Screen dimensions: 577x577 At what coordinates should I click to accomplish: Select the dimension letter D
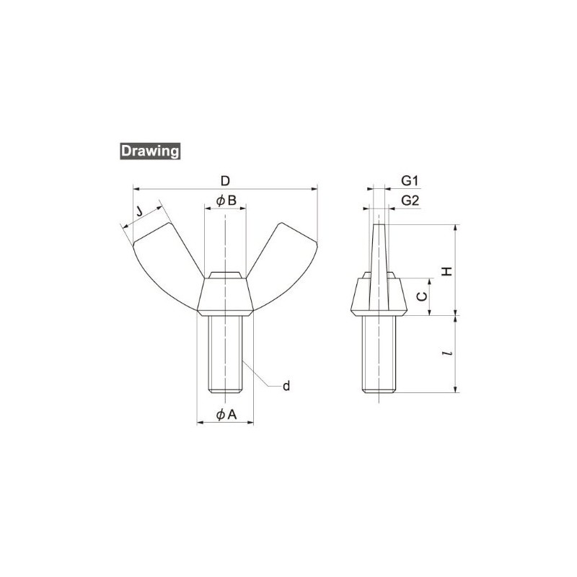pyautogui.click(x=225, y=179)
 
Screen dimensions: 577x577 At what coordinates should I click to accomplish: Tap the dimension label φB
pyautogui.click(x=225, y=201)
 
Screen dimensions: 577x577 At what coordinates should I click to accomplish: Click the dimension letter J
pyautogui.click(x=139, y=211)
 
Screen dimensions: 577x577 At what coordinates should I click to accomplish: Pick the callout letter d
pyautogui.click(x=286, y=387)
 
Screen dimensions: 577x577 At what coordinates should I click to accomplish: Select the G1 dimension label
pyautogui.click(x=410, y=180)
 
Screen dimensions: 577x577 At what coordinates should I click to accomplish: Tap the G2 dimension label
pyautogui.click(x=410, y=201)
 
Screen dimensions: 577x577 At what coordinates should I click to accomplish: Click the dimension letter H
pyautogui.click(x=446, y=270)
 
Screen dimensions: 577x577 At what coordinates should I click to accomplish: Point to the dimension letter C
pyautogui.click(x=423, y=296)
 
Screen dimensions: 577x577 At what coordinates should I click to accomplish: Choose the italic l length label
pyautogui.click(x=447, y=355)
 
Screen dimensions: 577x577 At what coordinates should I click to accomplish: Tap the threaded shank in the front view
pyautogui.click(x=226, y=353)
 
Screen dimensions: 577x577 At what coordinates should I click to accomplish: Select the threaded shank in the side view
pyautogui.click(x=379, y=353)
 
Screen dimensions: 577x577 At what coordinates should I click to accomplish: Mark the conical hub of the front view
pyautogui.click(x=226, y=296)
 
